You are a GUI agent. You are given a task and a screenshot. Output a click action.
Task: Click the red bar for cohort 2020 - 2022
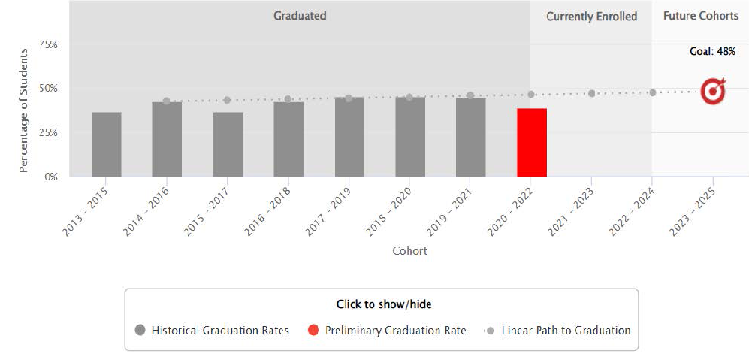click(x=531, y=143)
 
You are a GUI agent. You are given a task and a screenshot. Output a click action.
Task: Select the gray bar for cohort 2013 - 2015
click(x=106, y=144)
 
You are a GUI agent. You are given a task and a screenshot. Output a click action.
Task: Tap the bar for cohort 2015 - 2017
click(x=228, y=144)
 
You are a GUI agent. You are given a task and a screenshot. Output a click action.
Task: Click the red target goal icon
click(x=712, y=91)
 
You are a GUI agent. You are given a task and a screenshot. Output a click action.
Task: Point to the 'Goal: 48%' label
click(x=712, y=52)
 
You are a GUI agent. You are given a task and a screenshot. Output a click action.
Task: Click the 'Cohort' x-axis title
click(x=409, y=251)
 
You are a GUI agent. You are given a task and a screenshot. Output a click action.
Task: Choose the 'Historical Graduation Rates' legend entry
click(x=212, y=331)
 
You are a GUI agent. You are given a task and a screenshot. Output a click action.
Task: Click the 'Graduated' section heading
click(x=300, y=16)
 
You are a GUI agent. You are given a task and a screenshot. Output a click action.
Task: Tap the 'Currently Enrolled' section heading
click(x=591, y=17)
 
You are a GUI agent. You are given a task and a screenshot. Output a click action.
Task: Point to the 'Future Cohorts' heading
click(x=700, y=16)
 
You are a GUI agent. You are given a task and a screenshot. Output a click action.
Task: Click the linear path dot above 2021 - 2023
click(x=591, y=93)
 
